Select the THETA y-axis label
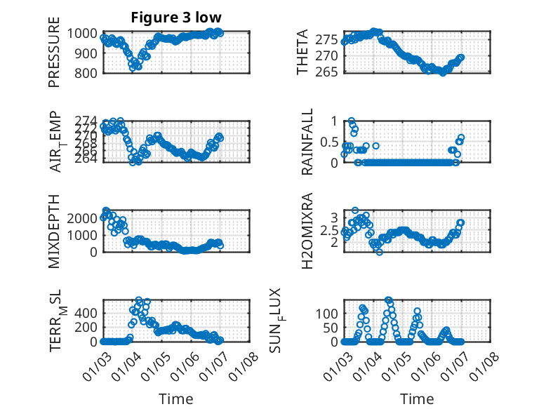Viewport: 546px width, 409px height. pyautogui.click(x=302, y=52)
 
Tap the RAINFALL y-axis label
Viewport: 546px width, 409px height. pyautogui.click(x=307, y=142)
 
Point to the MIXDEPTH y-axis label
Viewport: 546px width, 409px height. pyautogui.click(x=54, y=230)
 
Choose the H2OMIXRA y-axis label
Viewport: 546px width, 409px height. pyautogui.click(x=307, y=230)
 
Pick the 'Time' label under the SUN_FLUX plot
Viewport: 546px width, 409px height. pyautogui.click(x=417, y=398)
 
